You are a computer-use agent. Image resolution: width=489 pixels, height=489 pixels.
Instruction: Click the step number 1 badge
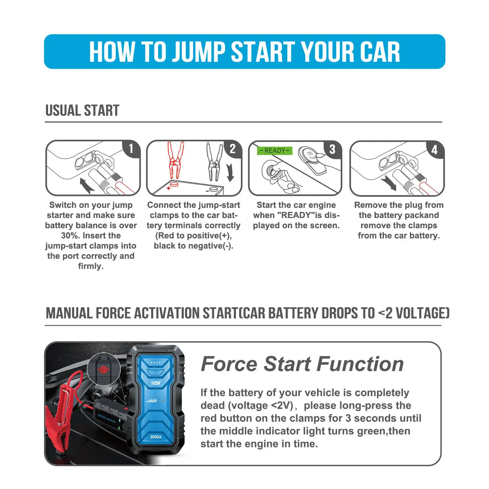point(131,149)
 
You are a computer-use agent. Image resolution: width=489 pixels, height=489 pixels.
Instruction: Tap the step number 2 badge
point(233,149)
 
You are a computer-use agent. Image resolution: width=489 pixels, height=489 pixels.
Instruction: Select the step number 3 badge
point(332,149)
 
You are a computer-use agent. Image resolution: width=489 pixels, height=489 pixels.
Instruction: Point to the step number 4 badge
point(434,150)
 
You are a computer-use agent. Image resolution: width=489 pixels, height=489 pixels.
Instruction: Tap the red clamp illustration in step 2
point(175,161)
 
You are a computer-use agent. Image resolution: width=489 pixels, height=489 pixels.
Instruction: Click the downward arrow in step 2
point(231,172)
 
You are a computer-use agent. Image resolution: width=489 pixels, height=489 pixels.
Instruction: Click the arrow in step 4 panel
point(388,183)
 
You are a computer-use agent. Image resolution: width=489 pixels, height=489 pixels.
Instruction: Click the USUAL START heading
point(82,110)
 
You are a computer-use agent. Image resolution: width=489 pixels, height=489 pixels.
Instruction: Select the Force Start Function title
point(302,364)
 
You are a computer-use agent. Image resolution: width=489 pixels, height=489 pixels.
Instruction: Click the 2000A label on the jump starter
point(156,437)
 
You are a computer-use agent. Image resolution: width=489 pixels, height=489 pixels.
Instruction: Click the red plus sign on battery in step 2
point(168,189)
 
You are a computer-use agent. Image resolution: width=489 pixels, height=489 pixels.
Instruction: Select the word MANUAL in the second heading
point(69,313)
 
